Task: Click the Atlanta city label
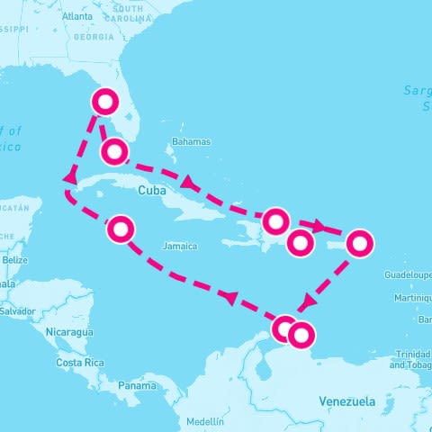click(x=77, y=16)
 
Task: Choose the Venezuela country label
click(x=347, y=401)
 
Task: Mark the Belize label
click(x=14, y=259)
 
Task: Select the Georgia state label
click(x=94, y=37)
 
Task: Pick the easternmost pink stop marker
click(x=359, y=242)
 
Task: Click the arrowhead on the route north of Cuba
click(x=188, y=184)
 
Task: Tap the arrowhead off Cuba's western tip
click(x=68, y=178)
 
